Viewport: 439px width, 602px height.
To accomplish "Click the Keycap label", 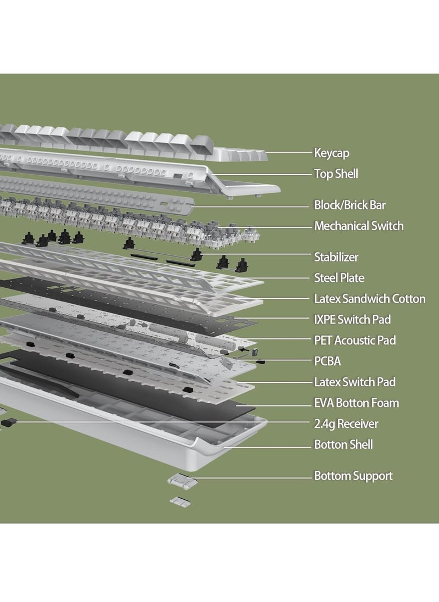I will (x=331, y=153).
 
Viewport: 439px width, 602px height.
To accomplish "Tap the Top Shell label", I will (x=336, y=174).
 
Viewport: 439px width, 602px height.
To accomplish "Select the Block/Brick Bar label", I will (x=350, y=205).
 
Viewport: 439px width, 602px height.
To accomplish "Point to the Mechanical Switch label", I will (x=358, y=226).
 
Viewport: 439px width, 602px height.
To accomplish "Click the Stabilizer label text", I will (x=336, y=257).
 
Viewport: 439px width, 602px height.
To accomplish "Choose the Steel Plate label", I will (x=339, y=278).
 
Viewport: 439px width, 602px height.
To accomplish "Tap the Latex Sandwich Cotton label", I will (x=369, y=299).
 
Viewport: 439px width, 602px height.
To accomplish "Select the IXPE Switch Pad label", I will (x=352, y=320).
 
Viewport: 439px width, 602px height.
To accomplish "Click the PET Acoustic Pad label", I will (x=354, y=341).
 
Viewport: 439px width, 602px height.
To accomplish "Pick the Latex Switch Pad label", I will (x=354, y=382).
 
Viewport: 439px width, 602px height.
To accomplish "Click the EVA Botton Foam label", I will (x=356, y=403).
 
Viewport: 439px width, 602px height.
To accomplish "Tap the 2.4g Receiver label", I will (x=346, y=423).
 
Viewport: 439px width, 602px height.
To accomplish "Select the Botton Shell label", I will (x=343, y=444).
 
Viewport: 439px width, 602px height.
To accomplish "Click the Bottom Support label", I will (x=353, y=476).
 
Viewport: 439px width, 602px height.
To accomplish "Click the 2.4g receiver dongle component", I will (x=9, y=422).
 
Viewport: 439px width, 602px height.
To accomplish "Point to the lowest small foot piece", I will (x=178, y=501).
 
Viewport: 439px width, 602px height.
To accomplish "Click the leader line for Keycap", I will (x=288, y=153).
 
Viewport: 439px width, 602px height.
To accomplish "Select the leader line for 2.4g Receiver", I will (x=165, y=422).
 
